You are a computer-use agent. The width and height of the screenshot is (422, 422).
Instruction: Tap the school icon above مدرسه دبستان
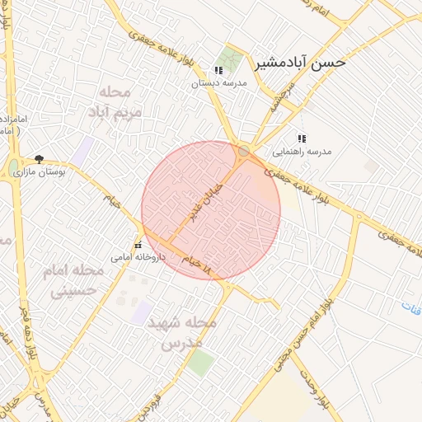(218, 71)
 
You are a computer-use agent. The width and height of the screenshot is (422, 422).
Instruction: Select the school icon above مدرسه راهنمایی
(302, 139)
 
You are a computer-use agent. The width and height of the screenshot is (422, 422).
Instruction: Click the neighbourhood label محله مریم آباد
(120, 100)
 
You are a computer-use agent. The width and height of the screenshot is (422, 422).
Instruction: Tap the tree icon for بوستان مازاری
(39, 159)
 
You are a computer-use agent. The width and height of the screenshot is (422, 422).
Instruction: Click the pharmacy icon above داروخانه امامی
(138, 245)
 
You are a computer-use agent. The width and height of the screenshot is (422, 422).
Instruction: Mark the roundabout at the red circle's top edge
(243, 151)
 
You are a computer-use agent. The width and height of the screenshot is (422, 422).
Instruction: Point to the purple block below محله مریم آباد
(82, 150)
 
